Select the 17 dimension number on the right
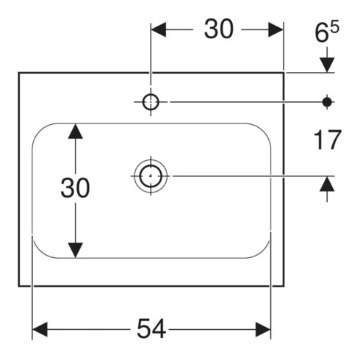click(328, 140)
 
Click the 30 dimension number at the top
click(219, 29)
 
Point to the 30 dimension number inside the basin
click(75, 188)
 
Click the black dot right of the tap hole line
click(327, 102)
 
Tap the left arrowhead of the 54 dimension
click(40, 329)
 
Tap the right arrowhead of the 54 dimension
click(263, 329)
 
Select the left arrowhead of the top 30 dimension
click(159, 29)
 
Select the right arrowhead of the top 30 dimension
click(276, 29)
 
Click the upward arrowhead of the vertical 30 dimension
click(76, 132)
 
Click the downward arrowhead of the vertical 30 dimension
click(76, 251)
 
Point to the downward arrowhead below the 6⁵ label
click(327, 65)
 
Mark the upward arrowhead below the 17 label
click(327, 184)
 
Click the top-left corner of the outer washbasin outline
click(19, 73)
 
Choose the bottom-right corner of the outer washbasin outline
click(284, 286)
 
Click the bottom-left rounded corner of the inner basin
click(39, 252)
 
